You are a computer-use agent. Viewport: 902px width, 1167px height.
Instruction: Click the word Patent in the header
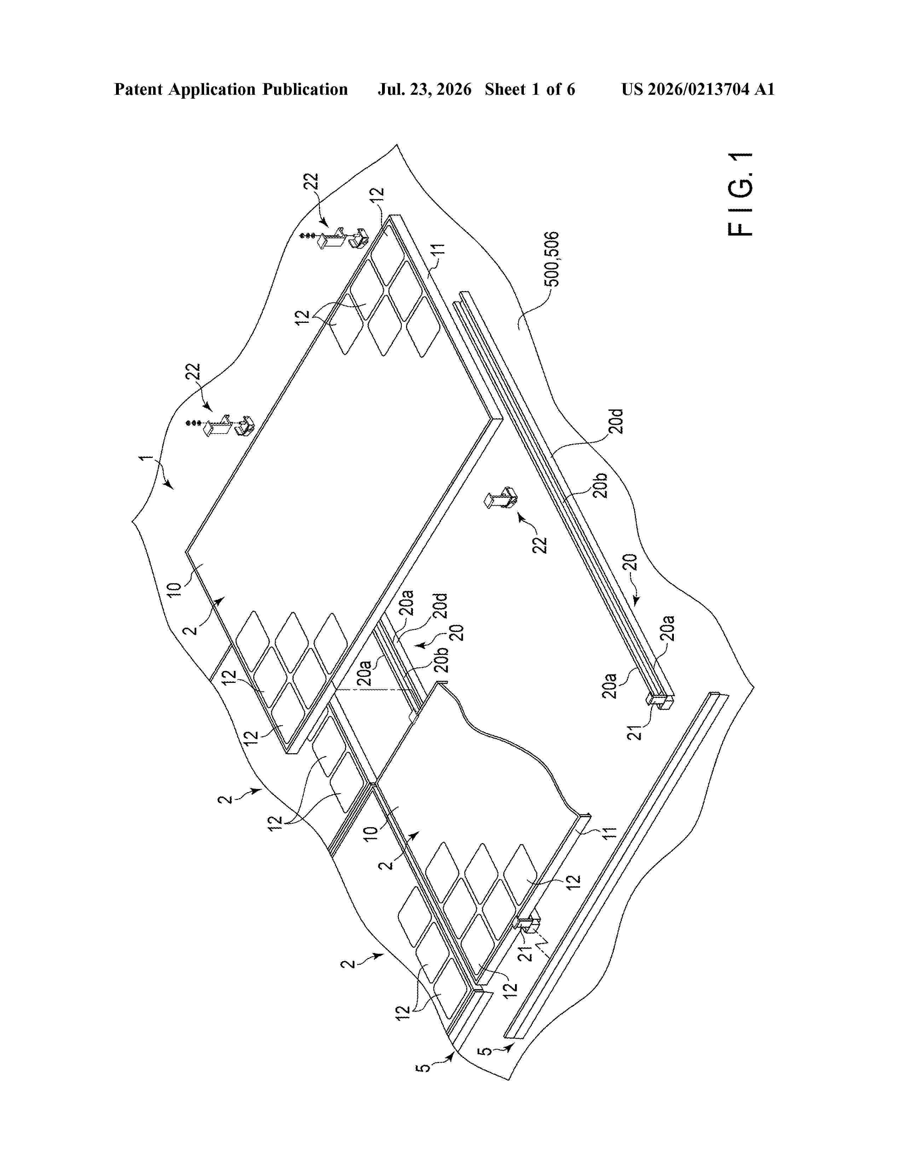tap(139, 89)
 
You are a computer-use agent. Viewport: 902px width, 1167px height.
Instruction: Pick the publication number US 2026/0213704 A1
tap(698, 89)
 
